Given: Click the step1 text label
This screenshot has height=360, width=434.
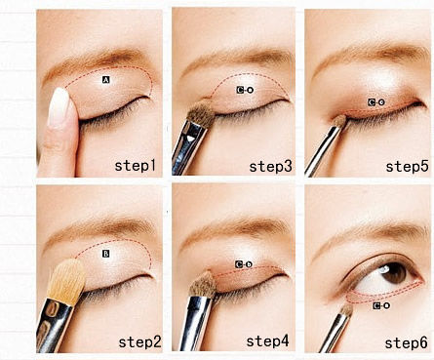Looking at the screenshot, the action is pos(136,165).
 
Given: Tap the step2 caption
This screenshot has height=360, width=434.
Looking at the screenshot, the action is pos(139,342).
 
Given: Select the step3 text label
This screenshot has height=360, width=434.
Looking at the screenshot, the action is pos(270,166).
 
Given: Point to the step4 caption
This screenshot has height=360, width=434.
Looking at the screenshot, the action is pos(267,341).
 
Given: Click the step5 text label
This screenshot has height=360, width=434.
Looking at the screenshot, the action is pos(407,166).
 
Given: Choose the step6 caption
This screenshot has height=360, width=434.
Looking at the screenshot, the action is pos(406,342).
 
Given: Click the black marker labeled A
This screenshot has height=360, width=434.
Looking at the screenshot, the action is pos(106,80).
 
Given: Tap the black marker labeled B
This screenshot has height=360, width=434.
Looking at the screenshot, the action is pos(106,254).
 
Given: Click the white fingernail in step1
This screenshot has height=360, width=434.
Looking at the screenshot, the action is pos(59,106).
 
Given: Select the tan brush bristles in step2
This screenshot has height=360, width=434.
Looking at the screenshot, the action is pos(67,281).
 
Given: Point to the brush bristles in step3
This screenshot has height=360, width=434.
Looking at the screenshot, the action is pos(202,113).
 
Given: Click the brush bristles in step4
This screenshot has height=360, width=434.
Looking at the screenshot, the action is pos(204,285).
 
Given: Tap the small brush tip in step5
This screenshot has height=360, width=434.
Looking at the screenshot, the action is pos(340,120).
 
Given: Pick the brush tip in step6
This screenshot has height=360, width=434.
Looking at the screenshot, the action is pos(346,309).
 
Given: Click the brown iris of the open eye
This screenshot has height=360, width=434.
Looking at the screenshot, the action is pos(395,272).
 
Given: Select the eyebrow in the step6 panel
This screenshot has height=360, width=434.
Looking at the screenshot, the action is pos(371,235).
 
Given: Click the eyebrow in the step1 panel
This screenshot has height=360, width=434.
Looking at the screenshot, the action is pos(98,62).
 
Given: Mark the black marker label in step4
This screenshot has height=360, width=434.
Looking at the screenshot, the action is pos(244,264).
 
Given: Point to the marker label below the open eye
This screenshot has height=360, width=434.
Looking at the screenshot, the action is pos(381,305).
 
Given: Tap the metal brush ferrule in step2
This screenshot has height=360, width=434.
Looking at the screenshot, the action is pos(54,324).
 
